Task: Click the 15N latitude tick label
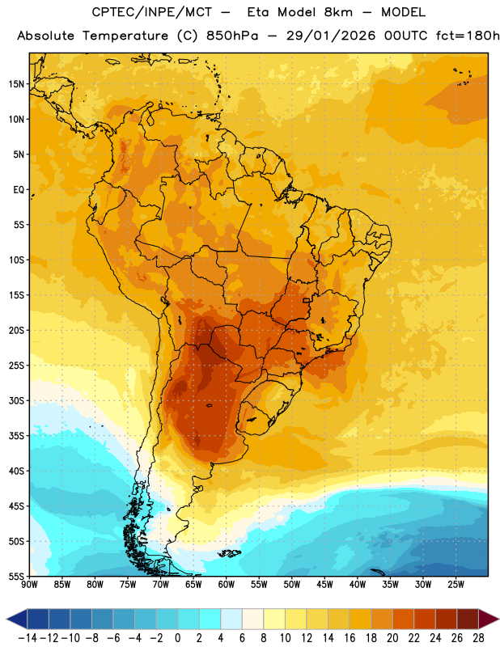16,84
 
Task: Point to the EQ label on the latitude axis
19,190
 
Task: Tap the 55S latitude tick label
16,576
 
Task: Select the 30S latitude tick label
16,400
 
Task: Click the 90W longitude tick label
29,584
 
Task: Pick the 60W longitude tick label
227,584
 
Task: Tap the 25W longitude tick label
456,584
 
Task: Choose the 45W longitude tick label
324,584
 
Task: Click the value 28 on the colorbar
478,638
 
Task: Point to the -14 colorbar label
28,638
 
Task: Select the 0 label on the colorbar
177,638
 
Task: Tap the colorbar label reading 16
350,638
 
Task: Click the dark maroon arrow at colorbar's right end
488,619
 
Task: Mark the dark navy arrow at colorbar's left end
17,619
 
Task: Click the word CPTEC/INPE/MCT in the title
151,12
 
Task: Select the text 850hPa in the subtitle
232,36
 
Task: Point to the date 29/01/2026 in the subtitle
331,36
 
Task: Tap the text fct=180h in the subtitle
468,36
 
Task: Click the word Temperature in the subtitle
125,36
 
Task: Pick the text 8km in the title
338,12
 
